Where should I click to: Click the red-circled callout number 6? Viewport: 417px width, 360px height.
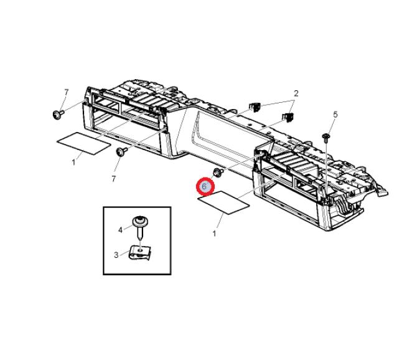tap(204, 186)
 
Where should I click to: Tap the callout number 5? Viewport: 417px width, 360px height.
tap(335, 115)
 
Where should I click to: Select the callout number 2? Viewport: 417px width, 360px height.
tap(296, 93)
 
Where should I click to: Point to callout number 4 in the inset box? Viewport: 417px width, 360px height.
tap(120, 230)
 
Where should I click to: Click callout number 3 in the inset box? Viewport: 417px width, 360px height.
tap(116, 255)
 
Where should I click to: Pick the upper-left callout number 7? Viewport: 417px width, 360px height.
tap(66, 92)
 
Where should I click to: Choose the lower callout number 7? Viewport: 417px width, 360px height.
tap(113, 179)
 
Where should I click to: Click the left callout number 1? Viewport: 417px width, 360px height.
tap(73, 162)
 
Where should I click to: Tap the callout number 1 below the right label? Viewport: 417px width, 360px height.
tap(214, 234)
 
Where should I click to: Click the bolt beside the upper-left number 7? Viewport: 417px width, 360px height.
tap(58, 115)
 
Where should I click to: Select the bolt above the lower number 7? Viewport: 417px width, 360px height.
tap(121, 151)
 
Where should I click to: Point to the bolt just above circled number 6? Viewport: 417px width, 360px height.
tap(218, 172)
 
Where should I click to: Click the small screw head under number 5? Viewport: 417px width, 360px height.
tap(326, 137)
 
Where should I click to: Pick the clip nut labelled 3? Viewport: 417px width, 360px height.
tap(139, 253)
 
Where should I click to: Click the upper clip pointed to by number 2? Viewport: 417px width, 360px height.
tap(255, 107)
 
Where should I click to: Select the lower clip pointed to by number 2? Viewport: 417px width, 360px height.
tap(288, 117)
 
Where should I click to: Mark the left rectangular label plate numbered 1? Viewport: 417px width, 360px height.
tap(84, 143)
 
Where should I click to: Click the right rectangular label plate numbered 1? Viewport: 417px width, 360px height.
tap(223, 202)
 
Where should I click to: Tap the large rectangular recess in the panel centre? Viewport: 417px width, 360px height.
tap(232, 136)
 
